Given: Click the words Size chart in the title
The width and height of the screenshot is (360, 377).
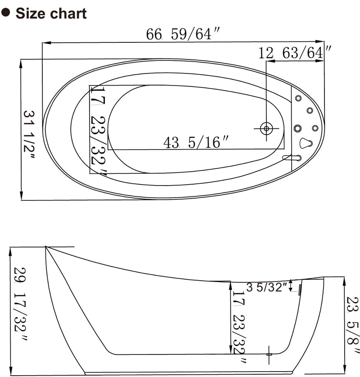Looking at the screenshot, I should click(x=51, y=13).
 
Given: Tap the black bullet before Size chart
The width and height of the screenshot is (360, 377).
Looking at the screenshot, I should click(x=6, y=13).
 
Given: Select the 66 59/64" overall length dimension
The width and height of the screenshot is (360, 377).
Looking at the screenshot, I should click(x=179, y=35).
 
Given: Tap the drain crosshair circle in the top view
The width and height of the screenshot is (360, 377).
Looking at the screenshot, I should click(x=266, y=128).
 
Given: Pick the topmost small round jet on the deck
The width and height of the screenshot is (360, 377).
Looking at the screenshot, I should click(x=298, y=99).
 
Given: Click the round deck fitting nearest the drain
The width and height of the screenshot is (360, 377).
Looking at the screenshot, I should click(x=297, y=128).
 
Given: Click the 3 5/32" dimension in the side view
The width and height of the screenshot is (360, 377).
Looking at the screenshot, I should click(x=266, y=287).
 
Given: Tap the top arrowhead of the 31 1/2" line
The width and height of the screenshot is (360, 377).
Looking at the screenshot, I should click(x=21, y=63).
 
